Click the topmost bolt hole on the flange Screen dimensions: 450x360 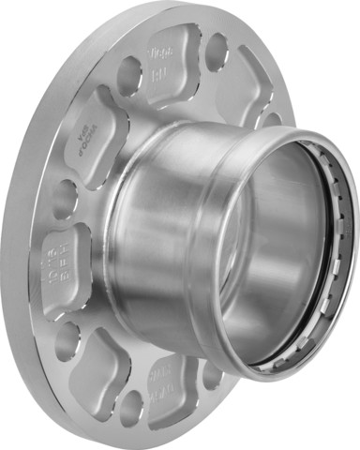click(217, 52)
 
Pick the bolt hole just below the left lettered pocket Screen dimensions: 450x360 click(68, 340)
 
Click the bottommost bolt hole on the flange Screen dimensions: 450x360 click(132, 408)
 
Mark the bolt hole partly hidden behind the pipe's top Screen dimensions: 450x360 click(271, 120)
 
